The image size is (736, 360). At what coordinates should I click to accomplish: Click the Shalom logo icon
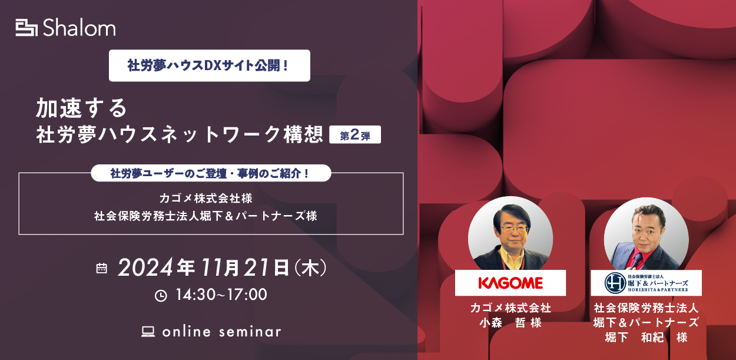pyautogui.click(x=26, y=28)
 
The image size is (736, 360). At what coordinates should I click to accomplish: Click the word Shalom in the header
pyautogui.click(x=79, y=27)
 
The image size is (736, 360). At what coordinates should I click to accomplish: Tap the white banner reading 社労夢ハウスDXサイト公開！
pyautogui.click(x=209, y=65)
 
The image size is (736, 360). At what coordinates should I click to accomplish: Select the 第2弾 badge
pyautogui.click(x=355, y=134)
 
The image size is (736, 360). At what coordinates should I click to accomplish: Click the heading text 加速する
pyautogui.click(x=81, y=108)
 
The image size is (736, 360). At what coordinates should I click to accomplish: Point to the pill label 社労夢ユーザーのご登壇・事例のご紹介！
pyautogui.click(x=211, y=173)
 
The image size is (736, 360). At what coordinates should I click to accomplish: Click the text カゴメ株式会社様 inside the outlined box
pyautogui.click(x=206, y=198)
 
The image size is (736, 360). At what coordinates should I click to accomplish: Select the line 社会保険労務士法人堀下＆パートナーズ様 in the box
pyautogui.click(x=205, y=216)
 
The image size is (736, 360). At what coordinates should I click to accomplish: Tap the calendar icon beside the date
pyautogui.click(x=101, y=268)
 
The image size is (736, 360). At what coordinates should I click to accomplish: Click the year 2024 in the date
pyautogui.click(x=145, y=267)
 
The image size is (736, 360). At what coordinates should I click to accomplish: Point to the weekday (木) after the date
pyautogui.click(x=310, y=268)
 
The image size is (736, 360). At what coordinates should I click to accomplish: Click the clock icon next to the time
pyautogui.click(x=161, y=296)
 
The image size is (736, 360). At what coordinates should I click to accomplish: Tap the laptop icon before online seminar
pyautogui.click(x=148, y=331)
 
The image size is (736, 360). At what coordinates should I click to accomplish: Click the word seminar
pyautogui.click(x=250, y=332)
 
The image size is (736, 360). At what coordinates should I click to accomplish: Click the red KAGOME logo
pyautogui.click(x=510, y=283)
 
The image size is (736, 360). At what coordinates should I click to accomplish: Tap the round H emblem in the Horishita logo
pyautogui.click(x=615, y=283)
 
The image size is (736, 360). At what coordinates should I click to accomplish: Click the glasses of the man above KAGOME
pyautogui.click(x=513, y=229)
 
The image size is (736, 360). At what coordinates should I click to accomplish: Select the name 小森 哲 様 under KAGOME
pyautogui.click(x=510, y=322)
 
